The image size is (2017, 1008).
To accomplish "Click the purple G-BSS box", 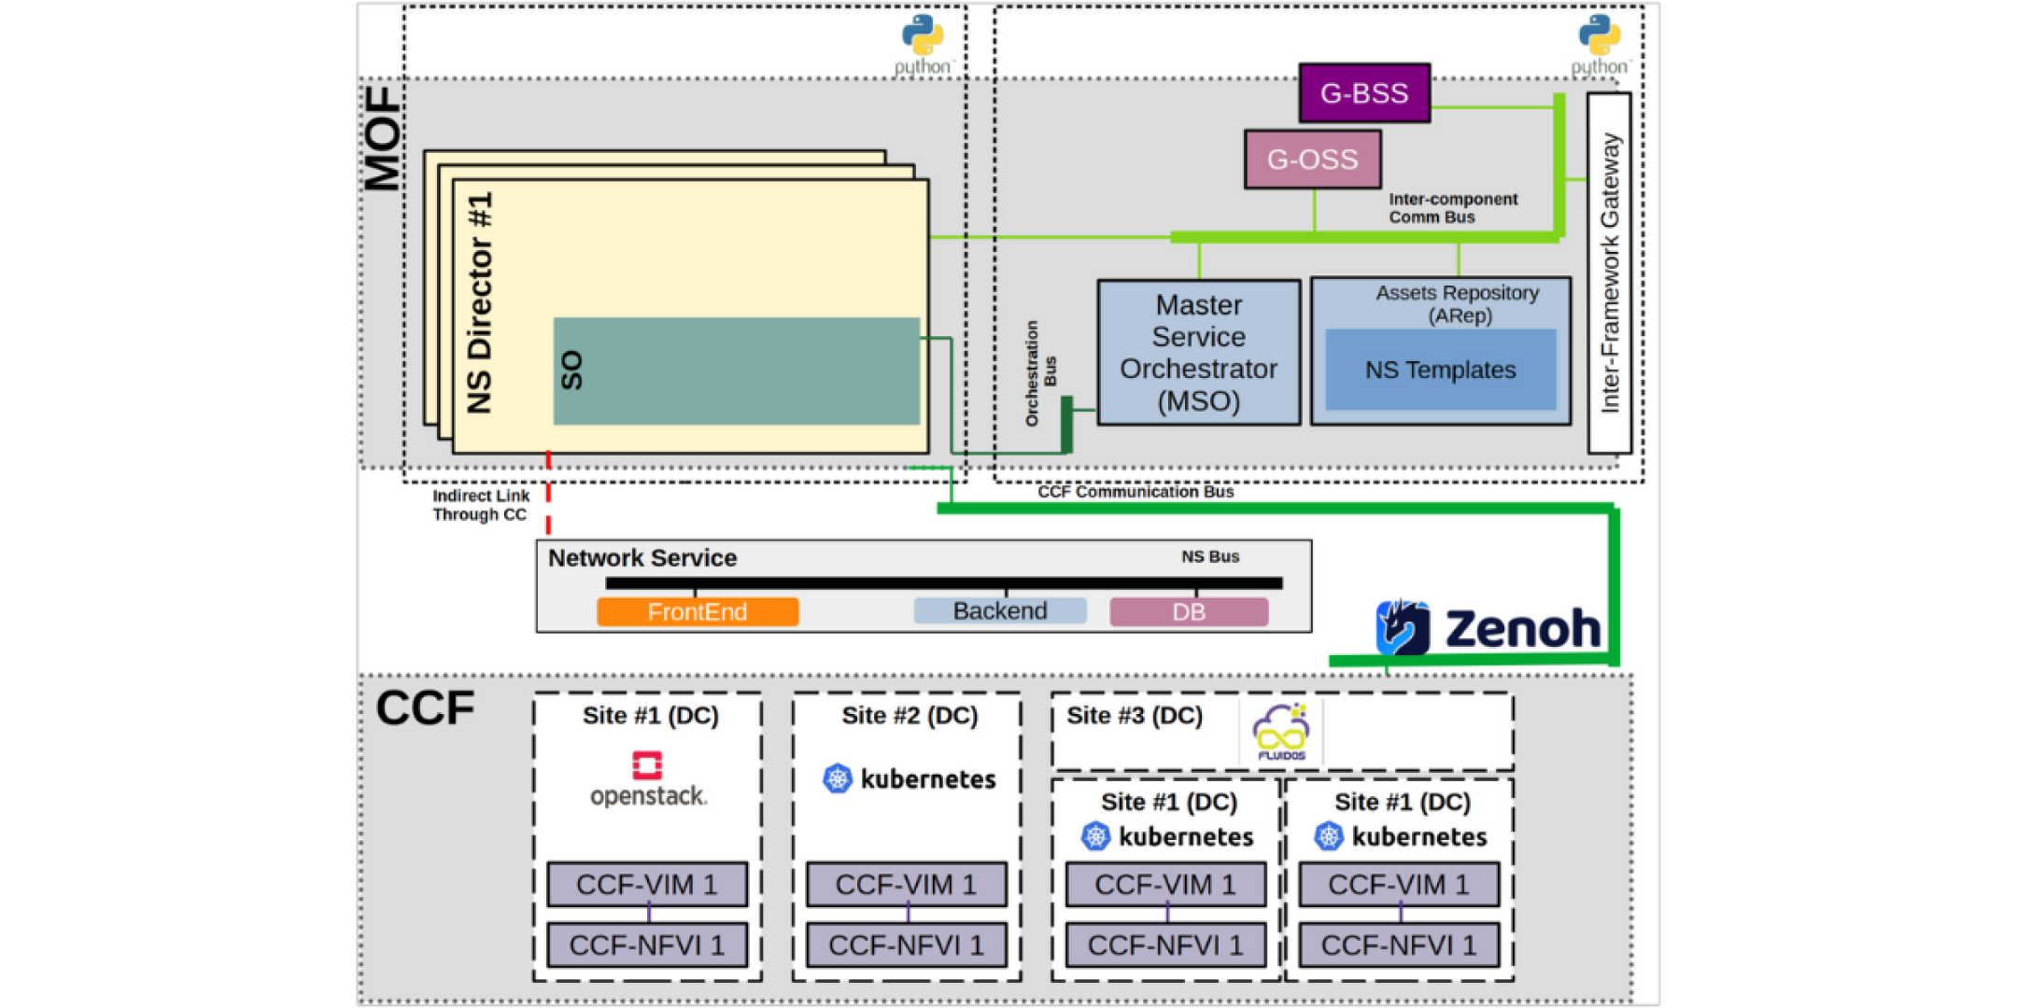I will (1363, 93).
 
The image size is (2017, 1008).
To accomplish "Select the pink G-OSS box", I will (1312, 160).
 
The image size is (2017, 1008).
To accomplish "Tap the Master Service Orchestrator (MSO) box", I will (1198, 353).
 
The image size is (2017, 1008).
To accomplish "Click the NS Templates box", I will (1440, 370).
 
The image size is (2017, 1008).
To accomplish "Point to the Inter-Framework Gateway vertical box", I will (1609, 273).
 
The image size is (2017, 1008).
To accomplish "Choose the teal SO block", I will (736, 371).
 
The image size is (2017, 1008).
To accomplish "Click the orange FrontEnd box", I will (698, 612).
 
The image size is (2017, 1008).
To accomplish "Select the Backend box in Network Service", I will (999, 611).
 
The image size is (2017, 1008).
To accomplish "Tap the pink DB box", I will (1188, 612).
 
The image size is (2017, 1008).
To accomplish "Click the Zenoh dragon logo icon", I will (1402, 627).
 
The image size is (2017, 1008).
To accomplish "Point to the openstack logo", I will (648, 780).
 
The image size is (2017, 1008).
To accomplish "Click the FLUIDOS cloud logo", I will (1280, 733).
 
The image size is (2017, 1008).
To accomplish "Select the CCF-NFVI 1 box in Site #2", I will (906, 945).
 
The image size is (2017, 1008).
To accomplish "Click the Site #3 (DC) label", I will (1134, 716).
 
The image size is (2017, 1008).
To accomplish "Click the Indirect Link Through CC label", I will (480, 505).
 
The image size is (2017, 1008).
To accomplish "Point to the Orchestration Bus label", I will (1039, 373).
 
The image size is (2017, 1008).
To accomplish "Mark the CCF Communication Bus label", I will (1135, 492).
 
